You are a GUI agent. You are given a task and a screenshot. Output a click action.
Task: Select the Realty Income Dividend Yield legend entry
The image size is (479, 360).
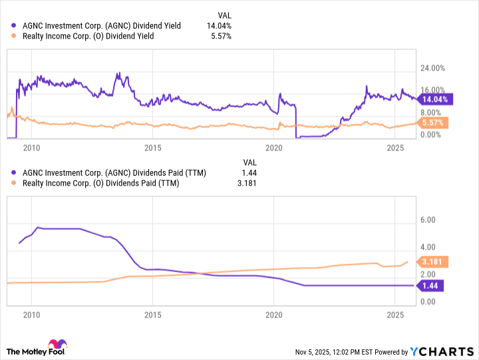pyautogui.click(x=88, y=36)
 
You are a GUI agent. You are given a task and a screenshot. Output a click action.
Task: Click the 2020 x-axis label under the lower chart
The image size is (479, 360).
pyautogui.click(x=274, y=315)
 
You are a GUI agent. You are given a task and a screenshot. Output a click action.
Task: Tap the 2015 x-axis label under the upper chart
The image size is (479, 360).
pyautogui.click(x=153, y=148)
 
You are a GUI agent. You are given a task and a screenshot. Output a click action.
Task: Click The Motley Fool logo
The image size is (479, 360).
pyautogui.click(x=37, y=347)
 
